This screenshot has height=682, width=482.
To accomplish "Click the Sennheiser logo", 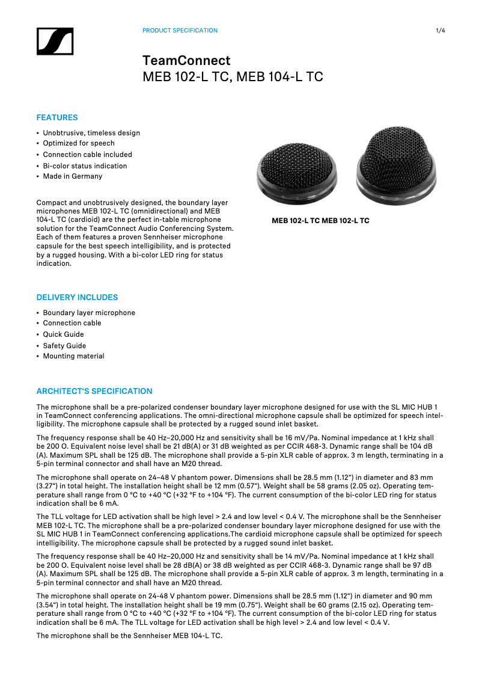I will click(55, 41).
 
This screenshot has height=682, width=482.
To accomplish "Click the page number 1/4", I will click(441, 31).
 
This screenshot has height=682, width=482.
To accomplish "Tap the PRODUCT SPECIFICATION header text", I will click(180, 31).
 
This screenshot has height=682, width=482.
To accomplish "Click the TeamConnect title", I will click(186, 61).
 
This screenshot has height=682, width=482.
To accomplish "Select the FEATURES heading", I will click(57, 118).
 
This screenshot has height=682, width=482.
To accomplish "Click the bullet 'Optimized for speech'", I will click(79, 144).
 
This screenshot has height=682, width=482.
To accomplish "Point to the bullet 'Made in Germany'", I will click(73, 177).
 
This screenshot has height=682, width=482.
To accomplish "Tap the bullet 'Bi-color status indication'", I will click(85, 166).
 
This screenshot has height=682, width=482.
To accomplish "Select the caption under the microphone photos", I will click(320, 221).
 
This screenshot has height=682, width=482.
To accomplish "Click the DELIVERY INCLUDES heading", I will click(77, 298).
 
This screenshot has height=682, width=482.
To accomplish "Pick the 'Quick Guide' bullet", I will click(64, 334).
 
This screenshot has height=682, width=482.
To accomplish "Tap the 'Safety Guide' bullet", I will click(64, 346).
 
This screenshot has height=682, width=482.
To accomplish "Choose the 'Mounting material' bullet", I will click(73, 357).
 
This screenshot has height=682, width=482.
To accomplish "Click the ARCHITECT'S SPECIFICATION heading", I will click(94, 392).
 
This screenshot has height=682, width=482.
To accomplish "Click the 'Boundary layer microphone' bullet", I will click(89, 313).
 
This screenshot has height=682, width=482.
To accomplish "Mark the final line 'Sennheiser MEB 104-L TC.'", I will click(129, 636).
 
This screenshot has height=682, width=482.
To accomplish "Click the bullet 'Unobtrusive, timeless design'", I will click(91, 133).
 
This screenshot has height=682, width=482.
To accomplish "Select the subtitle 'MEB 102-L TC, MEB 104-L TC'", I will click(233, 78).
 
